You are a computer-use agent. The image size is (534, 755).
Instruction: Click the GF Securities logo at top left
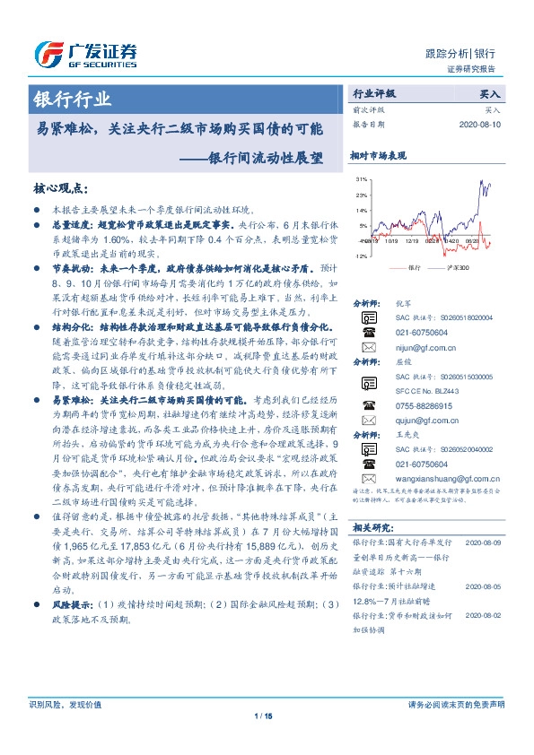point(85,54)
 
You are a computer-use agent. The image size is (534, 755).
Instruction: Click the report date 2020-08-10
point(481,125)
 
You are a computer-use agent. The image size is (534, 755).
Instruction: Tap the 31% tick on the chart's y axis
point(361,179)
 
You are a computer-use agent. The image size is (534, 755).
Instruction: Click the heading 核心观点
point(59,188)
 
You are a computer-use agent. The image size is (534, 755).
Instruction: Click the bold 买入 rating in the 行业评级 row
point(491,92)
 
